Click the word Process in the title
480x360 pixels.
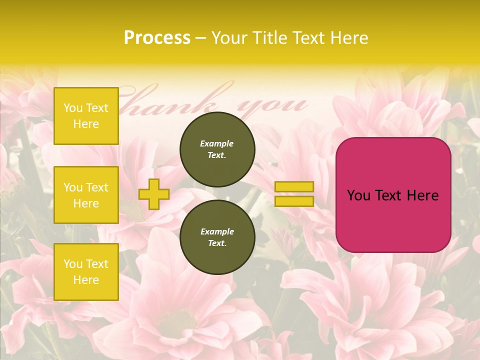tap(157, 38)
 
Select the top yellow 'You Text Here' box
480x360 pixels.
tap(86, 116)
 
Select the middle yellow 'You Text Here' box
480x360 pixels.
tap(86, 195)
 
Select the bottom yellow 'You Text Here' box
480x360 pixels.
tap(86, 272)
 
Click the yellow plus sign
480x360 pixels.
tap(154, 194)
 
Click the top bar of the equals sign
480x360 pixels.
tap(294, 186)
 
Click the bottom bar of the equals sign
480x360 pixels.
tap(294, 201)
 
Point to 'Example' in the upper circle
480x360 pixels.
tap(217, 143)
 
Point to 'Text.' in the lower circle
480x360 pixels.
tap(217, 243)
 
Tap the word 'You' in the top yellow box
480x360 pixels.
tap(73, 108)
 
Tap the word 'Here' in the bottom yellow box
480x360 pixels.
tap(86, 280)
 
